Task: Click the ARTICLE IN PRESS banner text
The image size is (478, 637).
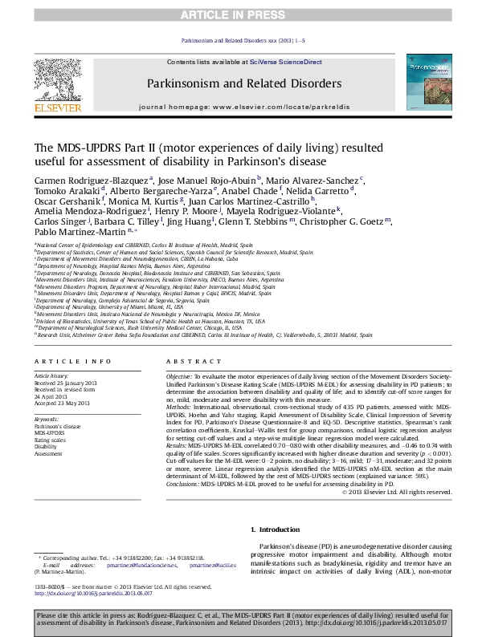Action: coord(238,14)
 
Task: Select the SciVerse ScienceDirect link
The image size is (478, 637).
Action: coord(285,62)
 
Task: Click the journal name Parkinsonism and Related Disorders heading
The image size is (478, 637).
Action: coord(243,83)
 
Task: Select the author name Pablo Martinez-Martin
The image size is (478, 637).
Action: coord(78,232)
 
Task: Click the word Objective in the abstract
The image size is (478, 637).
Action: coord(178,376)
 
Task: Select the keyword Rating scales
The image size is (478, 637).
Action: coord(50,440)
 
